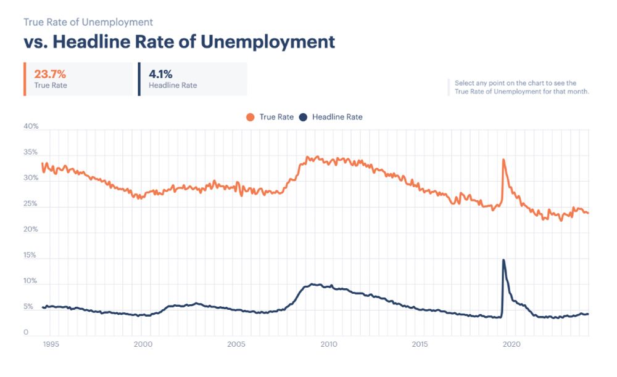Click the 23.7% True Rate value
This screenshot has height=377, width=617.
point(50,74)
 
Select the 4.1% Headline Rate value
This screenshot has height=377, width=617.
point(161,74)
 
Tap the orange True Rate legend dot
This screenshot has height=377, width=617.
point(251,116)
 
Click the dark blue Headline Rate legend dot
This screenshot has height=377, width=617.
point(303,116)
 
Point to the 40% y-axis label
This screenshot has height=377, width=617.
point(31,127)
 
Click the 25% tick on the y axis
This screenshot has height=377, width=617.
point(31,204)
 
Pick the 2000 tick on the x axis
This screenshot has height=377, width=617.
point(143,344)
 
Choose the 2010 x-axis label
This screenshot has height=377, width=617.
point(328,344)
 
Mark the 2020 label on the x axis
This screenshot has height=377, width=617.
point(513,344)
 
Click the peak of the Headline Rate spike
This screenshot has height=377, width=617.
point(503,260)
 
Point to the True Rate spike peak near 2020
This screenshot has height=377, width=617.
point(503,160)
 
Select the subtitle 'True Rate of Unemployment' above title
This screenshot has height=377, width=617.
point(88,22)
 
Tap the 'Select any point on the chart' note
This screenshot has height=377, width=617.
point(521,87)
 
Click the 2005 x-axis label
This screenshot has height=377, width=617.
point(235,344)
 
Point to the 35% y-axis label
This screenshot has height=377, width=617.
point(31,152)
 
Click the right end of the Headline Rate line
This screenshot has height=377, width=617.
point(588,314)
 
